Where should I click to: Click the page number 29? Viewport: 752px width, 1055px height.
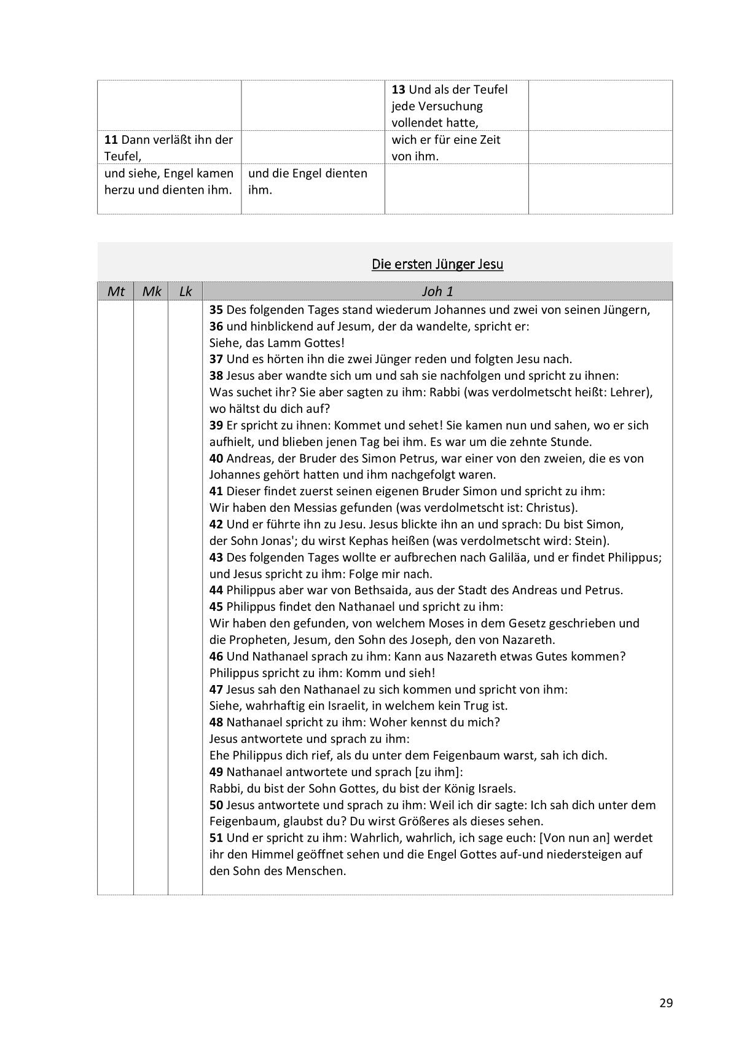pyautogui.click(x=666, y=1003)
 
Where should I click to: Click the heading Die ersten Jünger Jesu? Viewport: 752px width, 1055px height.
pyautogui.click(x=437, y=264)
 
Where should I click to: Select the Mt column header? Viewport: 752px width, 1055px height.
pyautogui.click(x=116, y=291)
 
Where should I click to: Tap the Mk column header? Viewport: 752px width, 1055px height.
pyautogui.click(x=151, y=291)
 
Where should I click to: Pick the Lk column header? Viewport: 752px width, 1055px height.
pyautogui.click(x=186, y=291)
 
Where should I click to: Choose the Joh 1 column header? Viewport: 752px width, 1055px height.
pyautogui.click(x=437, y=291)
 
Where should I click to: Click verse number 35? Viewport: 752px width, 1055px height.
pyautogui.click(x=216, y=310)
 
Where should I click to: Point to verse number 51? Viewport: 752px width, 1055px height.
pyautogui.click(x=216, y=837)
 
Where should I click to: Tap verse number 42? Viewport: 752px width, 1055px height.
pyautogui.click(x=216, y=524)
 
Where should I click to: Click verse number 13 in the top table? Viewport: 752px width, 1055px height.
pyautogui.click(x=399, y=90)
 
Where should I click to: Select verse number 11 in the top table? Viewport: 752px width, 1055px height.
pyautogui.click(x=111, y=139)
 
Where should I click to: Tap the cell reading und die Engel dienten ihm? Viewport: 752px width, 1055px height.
pyautogui.click(x=307, y=181)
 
